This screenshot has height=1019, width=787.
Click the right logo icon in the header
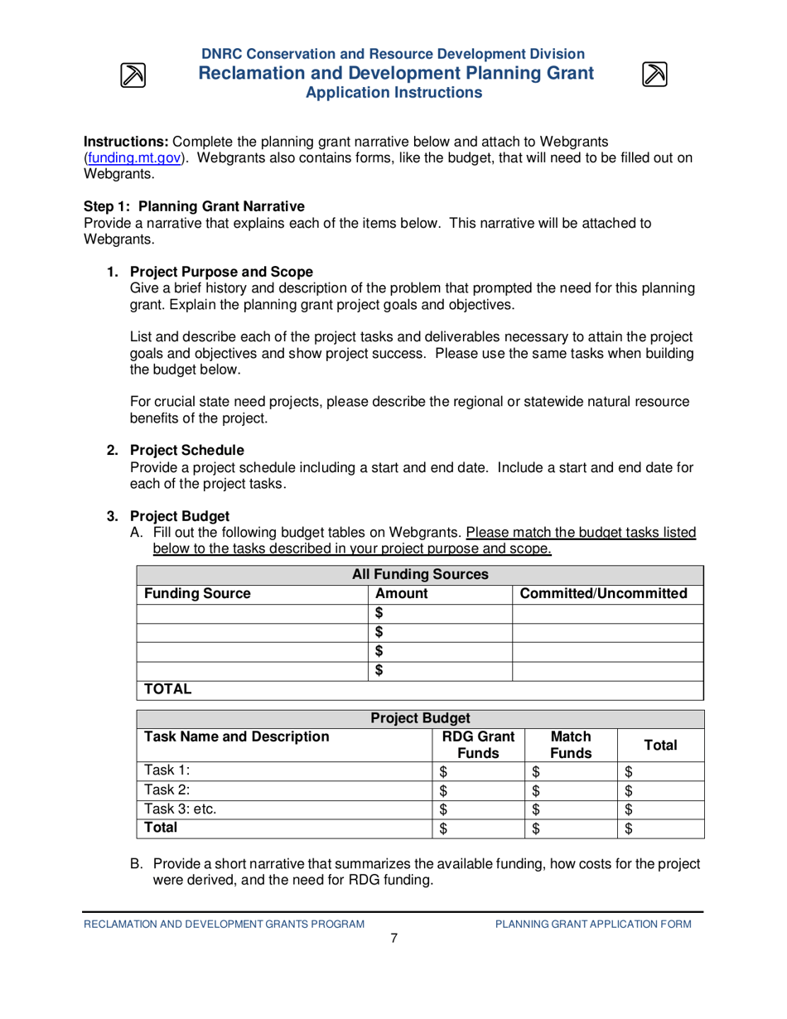pyautogui.click(x=654, y=75)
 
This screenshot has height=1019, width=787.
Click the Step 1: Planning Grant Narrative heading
pyautogui.click(x=182, y=206)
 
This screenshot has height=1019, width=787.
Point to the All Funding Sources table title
pyautogui.click(x=420, y=574)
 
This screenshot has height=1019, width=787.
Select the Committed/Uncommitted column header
pyautogui.click(x=607, y=593)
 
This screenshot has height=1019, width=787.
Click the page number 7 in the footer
pyautogui.click(x=394, y=938)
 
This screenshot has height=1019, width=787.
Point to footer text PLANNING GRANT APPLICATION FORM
pyautogui.click(x=592, y=923)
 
